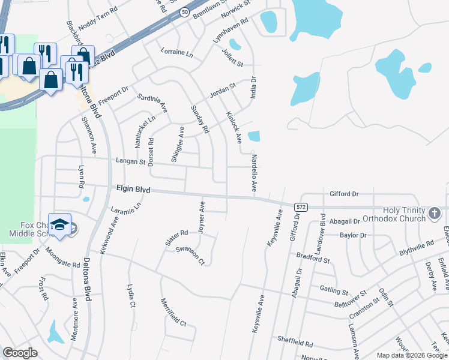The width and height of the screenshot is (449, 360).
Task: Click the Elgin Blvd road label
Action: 133,189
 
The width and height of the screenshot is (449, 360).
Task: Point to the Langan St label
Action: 130,161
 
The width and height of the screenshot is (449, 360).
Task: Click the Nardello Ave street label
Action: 255,173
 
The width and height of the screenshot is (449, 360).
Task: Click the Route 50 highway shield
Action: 185,12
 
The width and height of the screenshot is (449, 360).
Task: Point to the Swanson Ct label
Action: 190,254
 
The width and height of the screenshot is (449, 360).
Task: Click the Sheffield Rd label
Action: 295,344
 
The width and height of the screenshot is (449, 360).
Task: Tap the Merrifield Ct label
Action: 173,313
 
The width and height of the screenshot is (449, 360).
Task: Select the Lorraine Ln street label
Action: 176,53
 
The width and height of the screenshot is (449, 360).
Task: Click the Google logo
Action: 20,353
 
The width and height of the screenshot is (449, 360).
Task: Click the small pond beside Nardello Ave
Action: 254,137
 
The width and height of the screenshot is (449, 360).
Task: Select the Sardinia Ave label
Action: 152,103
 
